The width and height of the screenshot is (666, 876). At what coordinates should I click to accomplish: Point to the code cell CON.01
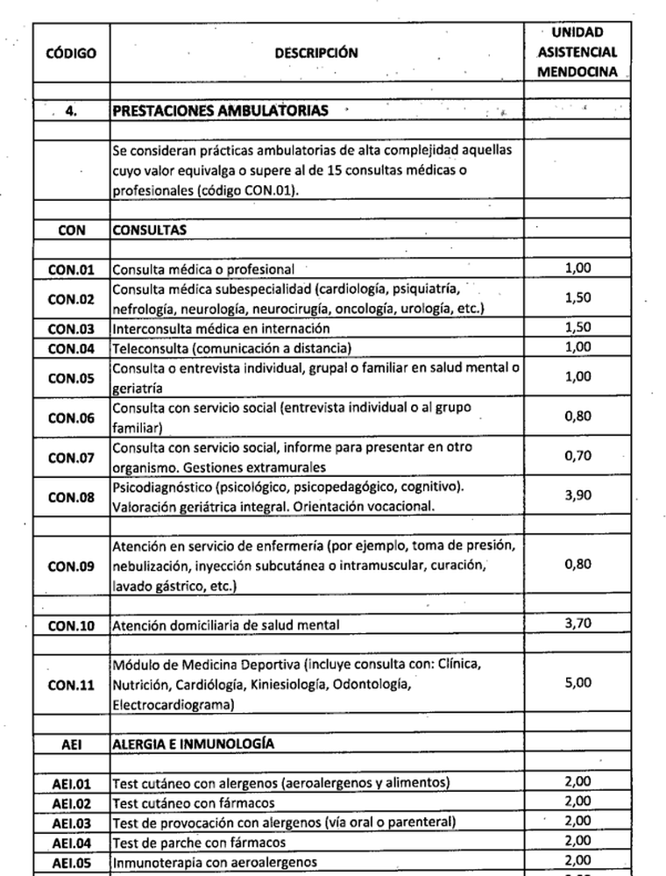(x=71, y=269)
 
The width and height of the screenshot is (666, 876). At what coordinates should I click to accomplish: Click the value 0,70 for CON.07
(x=577, y=457)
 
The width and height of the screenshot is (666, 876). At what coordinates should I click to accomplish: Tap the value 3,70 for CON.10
(x=577, y=624)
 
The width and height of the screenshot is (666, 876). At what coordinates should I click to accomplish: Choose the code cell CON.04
(x=71, y=347)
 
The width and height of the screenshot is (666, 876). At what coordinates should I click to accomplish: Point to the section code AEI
(x=71, y=744)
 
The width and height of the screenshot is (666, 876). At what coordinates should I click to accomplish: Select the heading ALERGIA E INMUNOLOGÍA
(x=194, y=744)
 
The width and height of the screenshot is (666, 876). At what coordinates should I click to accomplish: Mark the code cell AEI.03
(x=71, y=822)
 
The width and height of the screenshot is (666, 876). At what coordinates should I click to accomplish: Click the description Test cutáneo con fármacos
(x=194, y=802)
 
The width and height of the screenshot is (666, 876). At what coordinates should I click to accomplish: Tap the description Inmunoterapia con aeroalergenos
(x=215, y=861)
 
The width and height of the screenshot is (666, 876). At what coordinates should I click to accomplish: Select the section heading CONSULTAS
(x=149, y=230)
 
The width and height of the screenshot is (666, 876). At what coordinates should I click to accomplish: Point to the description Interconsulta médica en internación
(x=221, y=328)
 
